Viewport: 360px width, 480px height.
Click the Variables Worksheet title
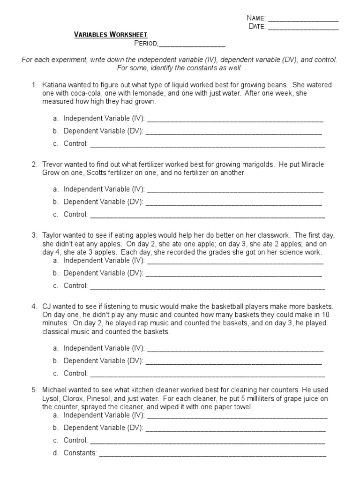(111, 35)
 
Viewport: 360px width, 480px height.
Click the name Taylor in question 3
(52, 235)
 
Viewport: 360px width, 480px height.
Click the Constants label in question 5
(80, 453)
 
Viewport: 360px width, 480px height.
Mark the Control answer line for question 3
(207, 286)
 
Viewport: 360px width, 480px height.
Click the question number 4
(34, 306)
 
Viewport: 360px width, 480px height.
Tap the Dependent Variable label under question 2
(103, 202)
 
